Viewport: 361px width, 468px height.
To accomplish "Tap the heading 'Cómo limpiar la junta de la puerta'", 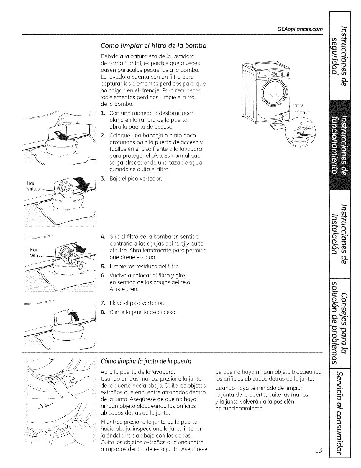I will (146, 361).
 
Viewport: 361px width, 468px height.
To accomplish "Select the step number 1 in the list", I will (103, 113).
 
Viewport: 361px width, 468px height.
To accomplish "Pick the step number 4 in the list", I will (103, 237).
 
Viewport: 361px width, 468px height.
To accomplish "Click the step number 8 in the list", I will (103, 312).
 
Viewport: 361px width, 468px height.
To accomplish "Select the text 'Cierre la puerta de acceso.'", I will (143, 312).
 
